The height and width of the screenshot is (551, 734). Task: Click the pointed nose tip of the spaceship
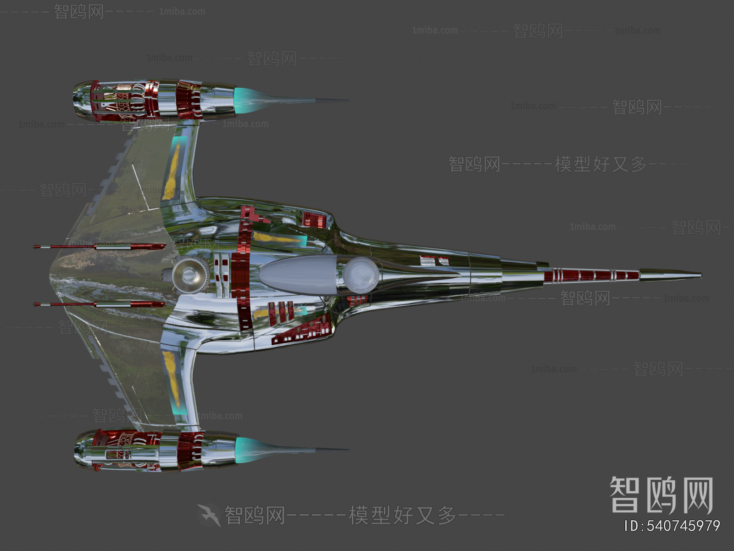[700, 275]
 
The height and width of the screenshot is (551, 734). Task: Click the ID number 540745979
[673, 526]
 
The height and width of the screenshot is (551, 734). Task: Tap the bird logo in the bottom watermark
[209, 515]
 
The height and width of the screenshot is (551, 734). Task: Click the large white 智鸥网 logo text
[661, 495]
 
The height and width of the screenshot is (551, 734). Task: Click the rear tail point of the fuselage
[50, 275]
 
